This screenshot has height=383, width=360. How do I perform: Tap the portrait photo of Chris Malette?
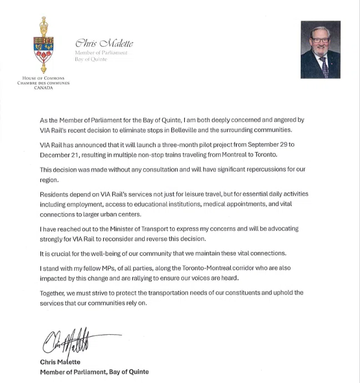coord(320,49)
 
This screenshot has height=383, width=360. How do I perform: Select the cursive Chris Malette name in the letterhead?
coord(104,44)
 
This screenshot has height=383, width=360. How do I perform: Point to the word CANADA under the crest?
coord(43,88)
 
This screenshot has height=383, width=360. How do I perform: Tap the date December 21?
coord(61,155)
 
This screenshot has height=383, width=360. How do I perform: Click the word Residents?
coord(56,194)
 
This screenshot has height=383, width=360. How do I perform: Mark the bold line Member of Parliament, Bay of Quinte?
coord(94,371)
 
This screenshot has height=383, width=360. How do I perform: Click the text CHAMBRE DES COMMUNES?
coord(43,83)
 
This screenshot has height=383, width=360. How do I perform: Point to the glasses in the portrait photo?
coord(320,40)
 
